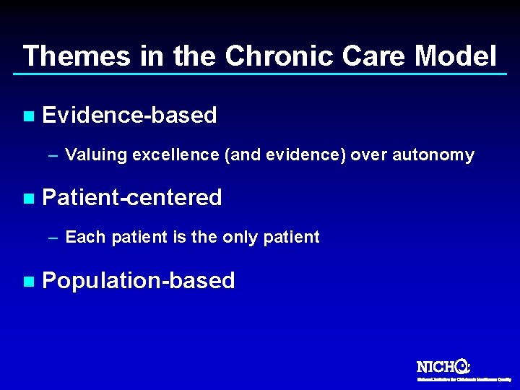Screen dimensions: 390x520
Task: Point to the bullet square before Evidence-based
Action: click(x=28, y=116)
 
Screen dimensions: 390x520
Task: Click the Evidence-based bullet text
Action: click(x=130, y=116)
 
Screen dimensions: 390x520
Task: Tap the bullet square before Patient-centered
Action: click(x=28, y=198)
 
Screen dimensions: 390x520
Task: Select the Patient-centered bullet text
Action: click(x=132, y=198)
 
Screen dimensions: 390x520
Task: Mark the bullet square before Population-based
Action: click(x=28, y=281)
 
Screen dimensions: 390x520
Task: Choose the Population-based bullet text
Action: click(x=139, y=281)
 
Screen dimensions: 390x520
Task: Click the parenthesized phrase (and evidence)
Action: click(x=287, y=155)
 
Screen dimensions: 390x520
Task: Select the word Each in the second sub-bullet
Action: click(x=82, y=238)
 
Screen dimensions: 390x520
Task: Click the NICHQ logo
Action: click(x=444, y=367)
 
